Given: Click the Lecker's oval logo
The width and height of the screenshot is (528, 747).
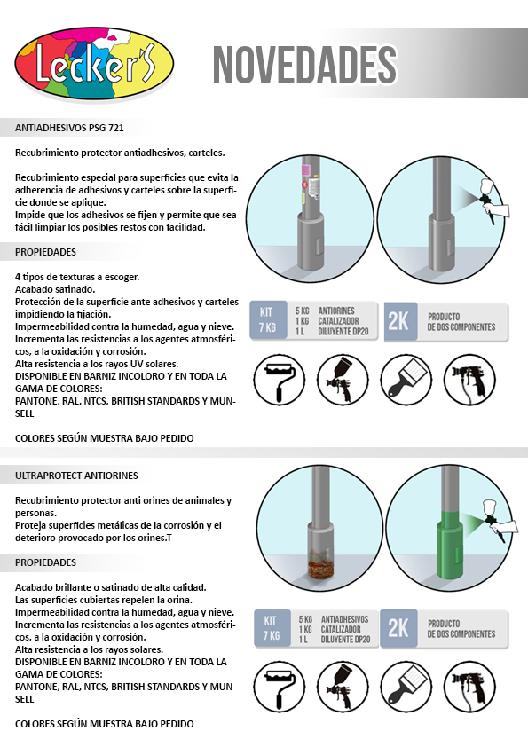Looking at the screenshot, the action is (94, 63).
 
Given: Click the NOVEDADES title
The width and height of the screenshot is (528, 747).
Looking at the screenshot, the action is (304, 66).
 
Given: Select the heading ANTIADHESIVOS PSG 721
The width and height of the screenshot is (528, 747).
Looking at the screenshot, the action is (69, 128).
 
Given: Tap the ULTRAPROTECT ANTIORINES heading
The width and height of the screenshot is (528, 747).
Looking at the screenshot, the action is (76, 476).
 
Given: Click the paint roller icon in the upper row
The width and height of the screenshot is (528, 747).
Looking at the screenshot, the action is (279, 381).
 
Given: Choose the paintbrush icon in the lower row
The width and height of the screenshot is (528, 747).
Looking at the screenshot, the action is (406, 687).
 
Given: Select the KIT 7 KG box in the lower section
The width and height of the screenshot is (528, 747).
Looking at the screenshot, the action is (272, 628).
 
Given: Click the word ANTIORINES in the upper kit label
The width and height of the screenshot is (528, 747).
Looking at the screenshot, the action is (336, 311).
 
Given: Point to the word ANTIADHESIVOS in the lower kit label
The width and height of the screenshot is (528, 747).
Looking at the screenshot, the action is (344, 619).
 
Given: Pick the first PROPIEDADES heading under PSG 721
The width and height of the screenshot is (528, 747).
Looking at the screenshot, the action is (46, 252).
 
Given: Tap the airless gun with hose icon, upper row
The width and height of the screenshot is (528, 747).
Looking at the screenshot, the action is (469, 381).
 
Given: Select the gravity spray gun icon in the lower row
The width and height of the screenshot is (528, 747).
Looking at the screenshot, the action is (343, 687).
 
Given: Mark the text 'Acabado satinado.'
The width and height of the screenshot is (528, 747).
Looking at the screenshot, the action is (55, 289).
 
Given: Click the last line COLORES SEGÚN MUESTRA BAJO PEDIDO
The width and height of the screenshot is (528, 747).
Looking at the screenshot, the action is (105, 724).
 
